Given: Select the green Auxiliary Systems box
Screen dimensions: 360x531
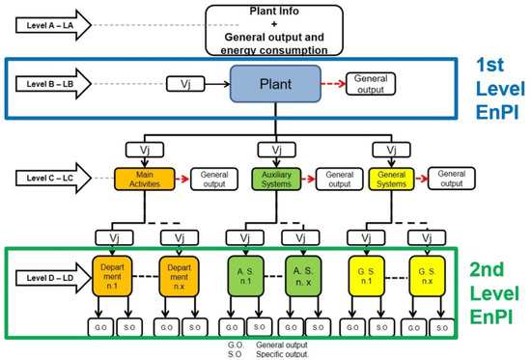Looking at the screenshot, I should [278, 180].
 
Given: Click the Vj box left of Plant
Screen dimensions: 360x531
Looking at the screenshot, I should [185, 86].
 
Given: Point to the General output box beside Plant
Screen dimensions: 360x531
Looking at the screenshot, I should [370, 84].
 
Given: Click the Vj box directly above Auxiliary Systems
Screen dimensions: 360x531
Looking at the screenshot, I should [278, 152].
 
